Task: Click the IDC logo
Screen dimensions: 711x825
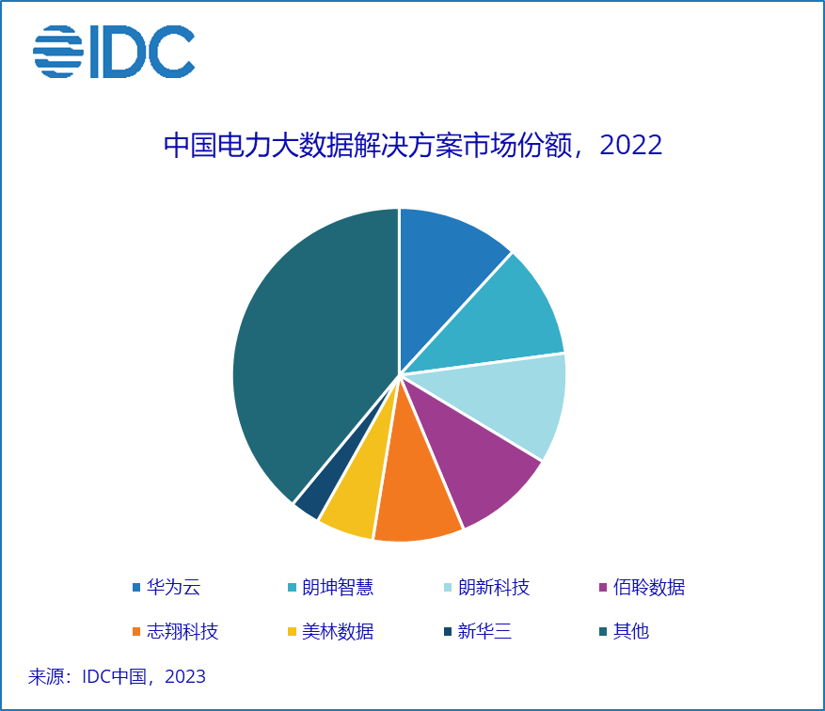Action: (x=114, y=52)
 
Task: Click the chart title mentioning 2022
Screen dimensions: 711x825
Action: (x=413, y=146)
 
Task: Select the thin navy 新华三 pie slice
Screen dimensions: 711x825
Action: (x=311, y=503)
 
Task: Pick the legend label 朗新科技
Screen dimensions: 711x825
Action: (x=494, y=588)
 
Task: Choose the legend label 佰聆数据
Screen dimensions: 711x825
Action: (x=649, y=588)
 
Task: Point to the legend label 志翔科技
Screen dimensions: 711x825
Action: (x=182, y=631)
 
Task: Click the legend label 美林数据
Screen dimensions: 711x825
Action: (x=338, y=631)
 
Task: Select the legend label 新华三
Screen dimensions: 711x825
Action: (x=484, y=631)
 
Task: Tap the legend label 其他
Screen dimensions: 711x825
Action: (x=631, y=631)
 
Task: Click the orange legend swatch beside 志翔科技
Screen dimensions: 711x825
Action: (x=136, y=631)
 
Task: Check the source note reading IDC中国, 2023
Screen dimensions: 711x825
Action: (x=118, y=676)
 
